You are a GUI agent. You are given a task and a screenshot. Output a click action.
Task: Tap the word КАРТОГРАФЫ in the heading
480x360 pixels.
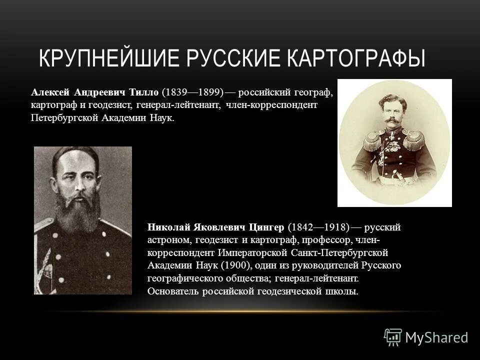tap(356, 57)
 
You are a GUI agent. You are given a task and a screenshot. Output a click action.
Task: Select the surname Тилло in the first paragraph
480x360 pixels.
tap(144, 93)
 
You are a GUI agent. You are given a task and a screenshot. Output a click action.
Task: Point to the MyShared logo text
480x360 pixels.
tap(436, 337)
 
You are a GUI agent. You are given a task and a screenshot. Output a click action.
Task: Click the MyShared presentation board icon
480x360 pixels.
tap(393, 337)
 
